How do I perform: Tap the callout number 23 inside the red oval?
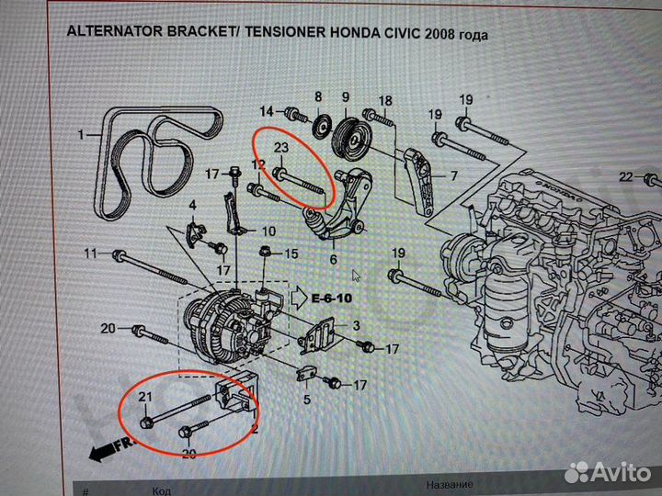tap(281, 148)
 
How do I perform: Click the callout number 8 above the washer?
tap(318, 97)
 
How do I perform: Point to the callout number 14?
tap(266, 112)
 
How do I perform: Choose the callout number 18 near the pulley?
tap(384, 100)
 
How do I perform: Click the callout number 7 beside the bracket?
tap(452, 174)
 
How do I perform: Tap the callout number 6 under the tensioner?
tap(334, 259)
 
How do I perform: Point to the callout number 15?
tap(291, 254)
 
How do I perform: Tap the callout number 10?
tap(268, 231)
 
